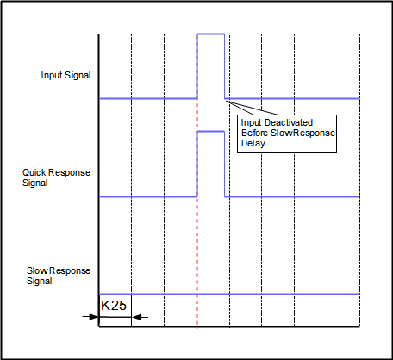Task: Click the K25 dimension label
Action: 114,306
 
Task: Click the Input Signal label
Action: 65,75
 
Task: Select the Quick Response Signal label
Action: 56,177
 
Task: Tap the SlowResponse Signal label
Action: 59,276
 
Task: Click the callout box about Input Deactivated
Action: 287,133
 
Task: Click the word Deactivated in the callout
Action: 289,122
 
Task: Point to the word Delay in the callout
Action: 253,143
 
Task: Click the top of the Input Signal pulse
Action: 210,34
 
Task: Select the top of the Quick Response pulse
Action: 210,132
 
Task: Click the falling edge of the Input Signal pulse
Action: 224,66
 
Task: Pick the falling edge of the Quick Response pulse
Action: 224,164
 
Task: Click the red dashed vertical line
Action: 196,181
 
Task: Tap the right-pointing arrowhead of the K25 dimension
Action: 94,317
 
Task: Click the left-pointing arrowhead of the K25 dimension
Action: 136,317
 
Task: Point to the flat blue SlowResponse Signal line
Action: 229,294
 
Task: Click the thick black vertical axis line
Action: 99,180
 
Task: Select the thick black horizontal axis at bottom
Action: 229,326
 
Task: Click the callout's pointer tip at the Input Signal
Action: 226,100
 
